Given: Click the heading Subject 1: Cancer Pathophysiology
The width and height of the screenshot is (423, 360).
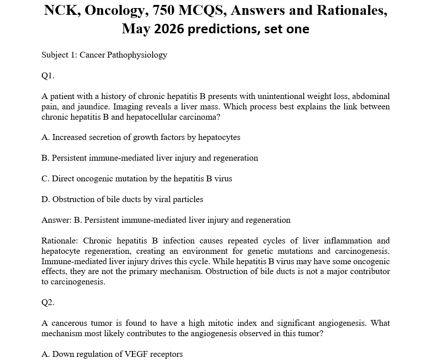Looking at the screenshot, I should click(104, 55).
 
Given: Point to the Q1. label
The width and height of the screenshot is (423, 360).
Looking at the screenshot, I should click(48, 76).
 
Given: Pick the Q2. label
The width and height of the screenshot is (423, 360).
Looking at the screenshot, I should click(48, 302).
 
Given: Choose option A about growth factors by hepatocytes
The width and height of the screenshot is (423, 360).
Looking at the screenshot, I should click(141, 137).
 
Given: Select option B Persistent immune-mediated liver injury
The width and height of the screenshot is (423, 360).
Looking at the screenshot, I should click(150, 158).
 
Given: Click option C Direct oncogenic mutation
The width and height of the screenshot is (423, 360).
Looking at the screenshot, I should click(136, 179).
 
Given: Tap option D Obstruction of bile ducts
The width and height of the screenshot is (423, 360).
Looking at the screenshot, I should click(122, 199).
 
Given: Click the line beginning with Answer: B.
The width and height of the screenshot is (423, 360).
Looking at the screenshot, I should click(166, 220).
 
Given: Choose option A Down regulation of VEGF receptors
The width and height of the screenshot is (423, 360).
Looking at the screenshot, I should click(112, 354).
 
